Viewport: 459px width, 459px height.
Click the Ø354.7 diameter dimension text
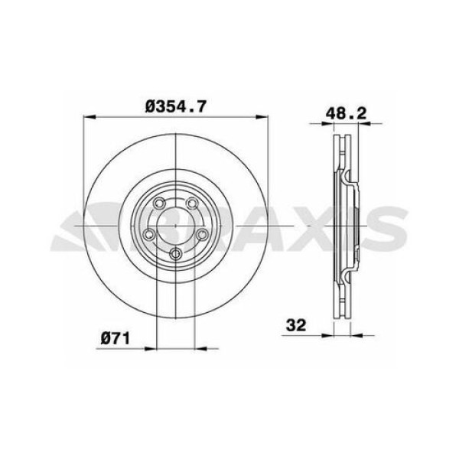pyautogui.click(x=176, y=107)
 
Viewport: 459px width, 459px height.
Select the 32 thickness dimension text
pyautogui.click(x=297, y=324)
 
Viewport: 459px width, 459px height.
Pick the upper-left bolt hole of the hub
pyautogui.click(x=159, y=204)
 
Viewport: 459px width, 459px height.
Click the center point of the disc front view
pyautogui.click(x=175, y=226)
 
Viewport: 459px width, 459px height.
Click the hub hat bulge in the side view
pyautogui.click(x=353, y=226)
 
